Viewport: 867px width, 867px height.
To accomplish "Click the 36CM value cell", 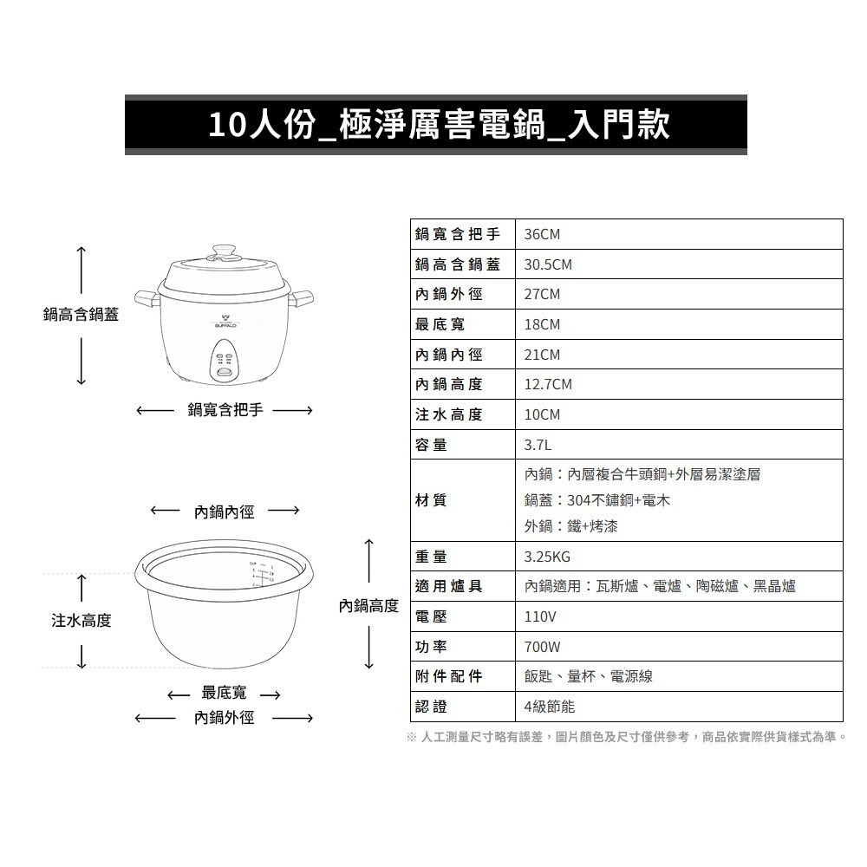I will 543,234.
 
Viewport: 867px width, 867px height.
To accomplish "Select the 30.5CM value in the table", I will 548,264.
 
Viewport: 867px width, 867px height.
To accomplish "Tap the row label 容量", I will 432,445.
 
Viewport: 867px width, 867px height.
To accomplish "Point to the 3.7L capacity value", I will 538,445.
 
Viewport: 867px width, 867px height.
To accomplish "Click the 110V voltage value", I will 540,616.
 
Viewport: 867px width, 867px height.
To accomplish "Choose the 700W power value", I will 543,647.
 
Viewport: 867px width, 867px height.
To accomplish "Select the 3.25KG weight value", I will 548,557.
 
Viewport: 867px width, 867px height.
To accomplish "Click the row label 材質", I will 432,500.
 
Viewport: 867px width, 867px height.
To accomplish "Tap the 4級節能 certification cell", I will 550,707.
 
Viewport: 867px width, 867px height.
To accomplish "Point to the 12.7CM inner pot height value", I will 548,384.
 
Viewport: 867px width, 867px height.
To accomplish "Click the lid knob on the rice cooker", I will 225,251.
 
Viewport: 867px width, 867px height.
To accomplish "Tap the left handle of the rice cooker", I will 146,300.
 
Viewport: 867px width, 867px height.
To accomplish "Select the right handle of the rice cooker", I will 304,300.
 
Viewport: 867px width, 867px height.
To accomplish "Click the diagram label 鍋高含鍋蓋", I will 81,315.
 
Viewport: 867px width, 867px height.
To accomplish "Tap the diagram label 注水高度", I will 81,621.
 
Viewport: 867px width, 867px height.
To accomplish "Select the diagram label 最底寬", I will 224,693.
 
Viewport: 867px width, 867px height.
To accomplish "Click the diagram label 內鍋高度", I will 368,605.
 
